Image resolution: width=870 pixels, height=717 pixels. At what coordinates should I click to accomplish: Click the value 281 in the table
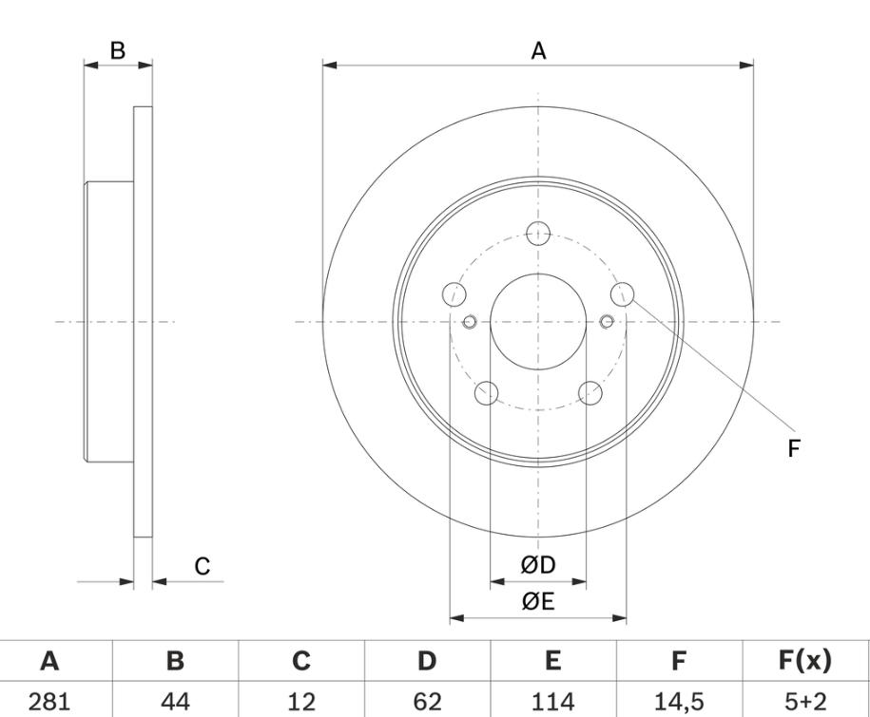tap(49, 702)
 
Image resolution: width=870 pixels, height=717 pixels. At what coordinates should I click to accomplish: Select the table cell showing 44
tap(175, 702)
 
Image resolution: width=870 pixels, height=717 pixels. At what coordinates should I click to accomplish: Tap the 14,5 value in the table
tap(679, 703)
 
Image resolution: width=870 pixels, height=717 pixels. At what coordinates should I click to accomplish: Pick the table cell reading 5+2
tap(805, 702)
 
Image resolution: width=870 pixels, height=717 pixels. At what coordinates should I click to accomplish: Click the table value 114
tap(553, 702)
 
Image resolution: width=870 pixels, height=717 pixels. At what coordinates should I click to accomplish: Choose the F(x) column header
tap(805, 661)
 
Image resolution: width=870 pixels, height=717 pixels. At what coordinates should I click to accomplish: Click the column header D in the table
tap(427, 661)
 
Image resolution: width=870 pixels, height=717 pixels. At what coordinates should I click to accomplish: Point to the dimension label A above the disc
tap(538, 51)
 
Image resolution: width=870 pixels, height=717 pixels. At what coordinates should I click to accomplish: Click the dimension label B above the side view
tap(118, 50)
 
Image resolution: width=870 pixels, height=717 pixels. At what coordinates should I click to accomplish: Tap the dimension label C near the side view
tap(202, 566)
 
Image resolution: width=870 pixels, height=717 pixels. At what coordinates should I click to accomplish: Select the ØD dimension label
tap(537, 566)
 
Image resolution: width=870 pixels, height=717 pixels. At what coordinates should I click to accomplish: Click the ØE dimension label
tap(537, 601)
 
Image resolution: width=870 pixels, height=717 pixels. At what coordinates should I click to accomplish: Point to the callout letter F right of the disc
tap(793, 448)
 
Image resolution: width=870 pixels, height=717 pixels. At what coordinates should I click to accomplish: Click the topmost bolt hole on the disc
tap(538, 234)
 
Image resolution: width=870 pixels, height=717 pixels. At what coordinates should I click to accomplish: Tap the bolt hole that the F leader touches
tap(623, 294)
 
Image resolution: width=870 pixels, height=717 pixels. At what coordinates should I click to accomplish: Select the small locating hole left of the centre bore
tap(470, 321)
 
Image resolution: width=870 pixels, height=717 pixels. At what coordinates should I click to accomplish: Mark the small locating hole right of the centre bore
tap(607, 321)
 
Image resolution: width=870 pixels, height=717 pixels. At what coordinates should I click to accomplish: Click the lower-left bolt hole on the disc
tap(487, 393)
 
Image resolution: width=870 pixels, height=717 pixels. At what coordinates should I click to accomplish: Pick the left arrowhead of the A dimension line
tap(330, 66)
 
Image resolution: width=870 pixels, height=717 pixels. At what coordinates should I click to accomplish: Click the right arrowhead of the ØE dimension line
tap(619, 618)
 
